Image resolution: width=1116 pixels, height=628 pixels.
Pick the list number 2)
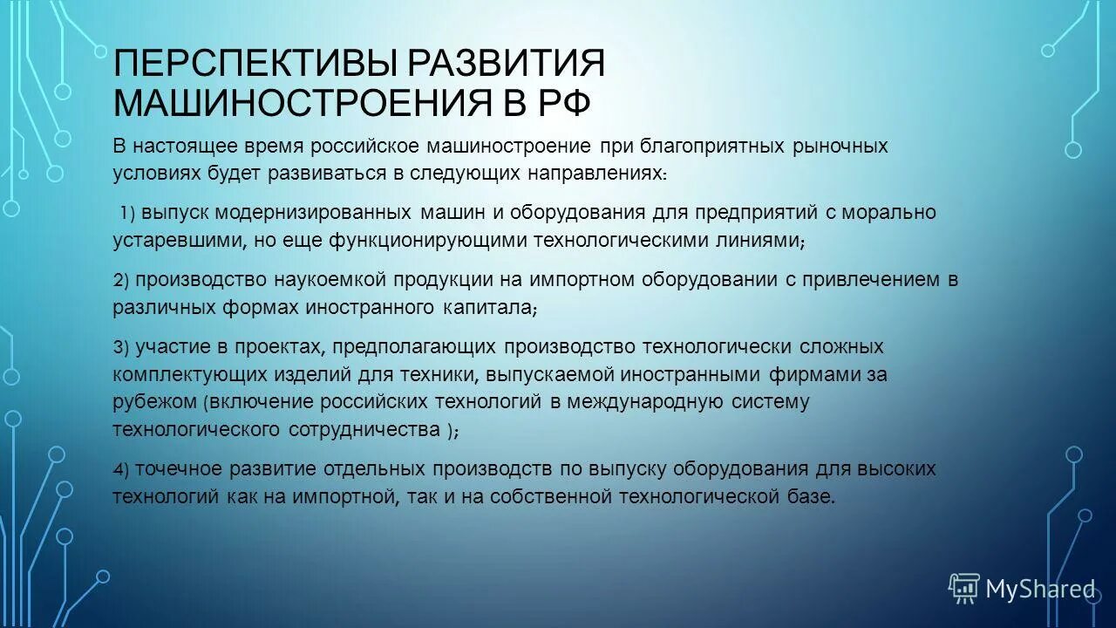(x=121, y=280)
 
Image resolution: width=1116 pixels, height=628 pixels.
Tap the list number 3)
(x=121, y=347)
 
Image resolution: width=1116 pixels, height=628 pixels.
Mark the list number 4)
(x=121, y=469)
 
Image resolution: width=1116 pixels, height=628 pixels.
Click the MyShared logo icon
(x=963, y=589)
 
